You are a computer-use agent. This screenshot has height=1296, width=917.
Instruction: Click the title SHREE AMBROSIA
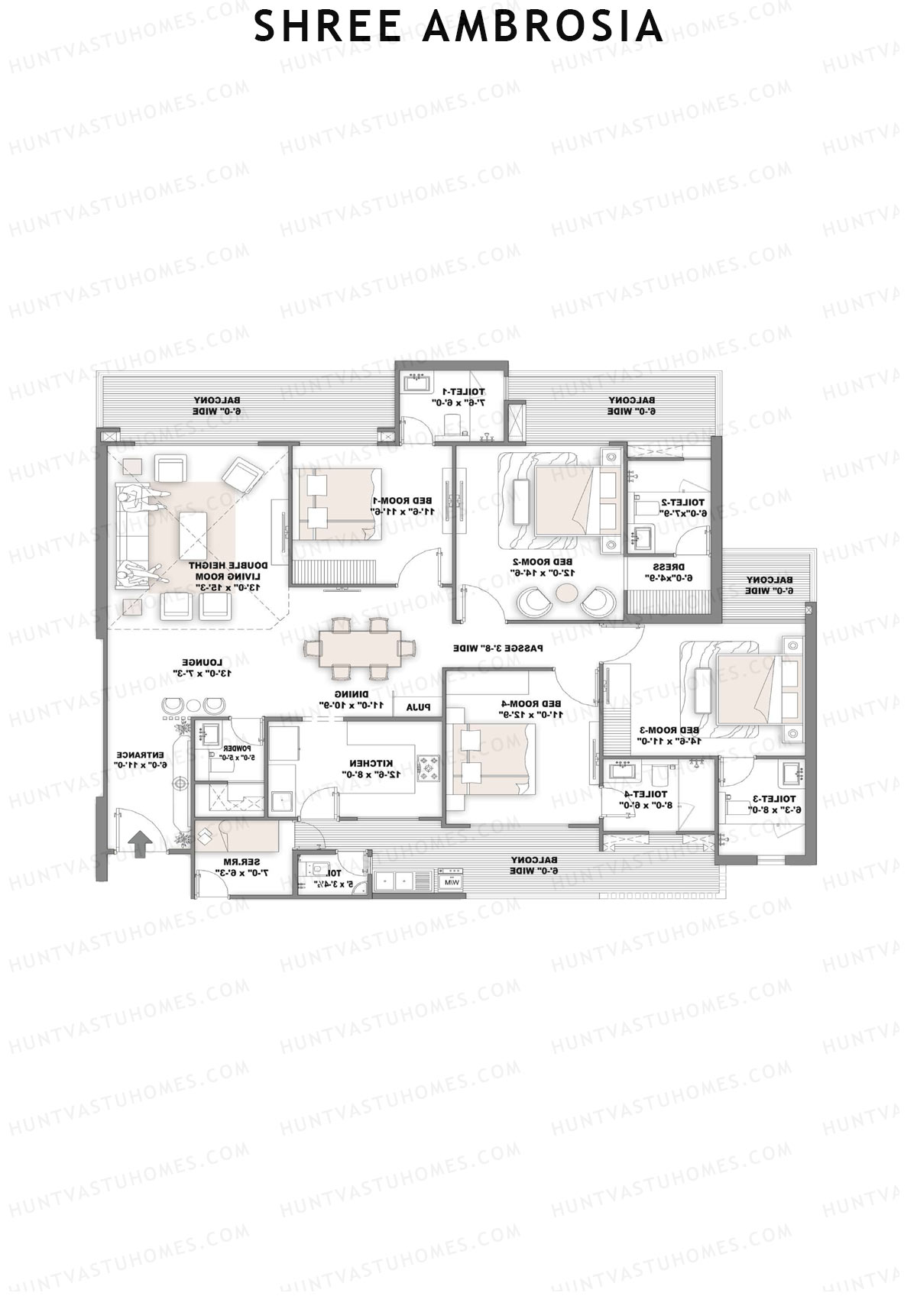pos(458,27)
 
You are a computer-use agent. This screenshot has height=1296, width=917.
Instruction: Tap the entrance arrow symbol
pos(139,845)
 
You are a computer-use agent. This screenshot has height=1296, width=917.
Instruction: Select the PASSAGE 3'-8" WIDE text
pos(498,648)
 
